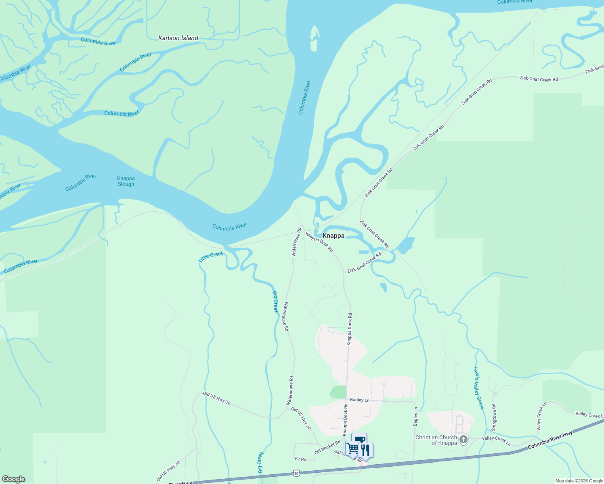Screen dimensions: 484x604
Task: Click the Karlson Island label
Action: coord(178,38)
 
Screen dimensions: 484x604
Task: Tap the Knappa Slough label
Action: coord(126,181)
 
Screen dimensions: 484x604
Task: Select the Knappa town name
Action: coord(333,236)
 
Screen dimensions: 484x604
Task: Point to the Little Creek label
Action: coord(211,257)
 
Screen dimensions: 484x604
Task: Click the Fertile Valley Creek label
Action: coord(478,388)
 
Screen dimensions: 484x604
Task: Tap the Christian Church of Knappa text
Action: coord(436,440)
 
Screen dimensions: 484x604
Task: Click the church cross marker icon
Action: coord(463,439)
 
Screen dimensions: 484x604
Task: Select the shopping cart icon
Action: coord(352,448)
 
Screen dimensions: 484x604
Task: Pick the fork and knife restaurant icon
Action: coord(365,450)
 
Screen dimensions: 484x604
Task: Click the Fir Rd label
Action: coord(300,459)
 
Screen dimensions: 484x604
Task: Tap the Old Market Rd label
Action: coord(327,447)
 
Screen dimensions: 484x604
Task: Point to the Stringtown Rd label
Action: coord(493,417)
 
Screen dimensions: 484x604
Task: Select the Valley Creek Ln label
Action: coord(496,441)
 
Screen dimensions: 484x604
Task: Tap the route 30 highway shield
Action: coord(297,473)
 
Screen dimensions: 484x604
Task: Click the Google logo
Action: coord(13,479)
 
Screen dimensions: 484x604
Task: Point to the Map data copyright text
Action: coord(579,481)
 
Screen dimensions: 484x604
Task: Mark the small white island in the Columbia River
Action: coord(314,39)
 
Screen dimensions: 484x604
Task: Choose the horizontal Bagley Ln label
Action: coord(359,400)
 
